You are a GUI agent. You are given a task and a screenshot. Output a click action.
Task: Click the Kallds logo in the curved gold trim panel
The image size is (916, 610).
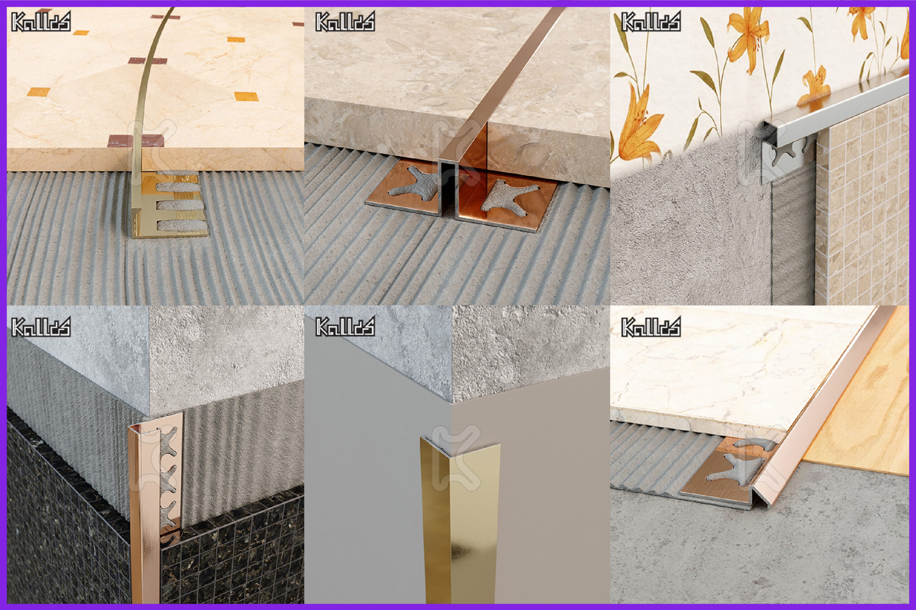41,21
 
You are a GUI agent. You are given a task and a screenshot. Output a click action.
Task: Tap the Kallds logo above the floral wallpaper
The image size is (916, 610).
651,21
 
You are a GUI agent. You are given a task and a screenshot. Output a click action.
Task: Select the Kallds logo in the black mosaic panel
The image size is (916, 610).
41,326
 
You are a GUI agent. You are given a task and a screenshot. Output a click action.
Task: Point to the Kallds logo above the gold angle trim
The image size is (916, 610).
345,326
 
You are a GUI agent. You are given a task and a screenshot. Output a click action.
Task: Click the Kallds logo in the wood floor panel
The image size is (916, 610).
651,326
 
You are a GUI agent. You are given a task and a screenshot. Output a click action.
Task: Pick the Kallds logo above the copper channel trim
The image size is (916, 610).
345,21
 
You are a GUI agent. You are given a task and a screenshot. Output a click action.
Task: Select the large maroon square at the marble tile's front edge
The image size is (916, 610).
136,141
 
